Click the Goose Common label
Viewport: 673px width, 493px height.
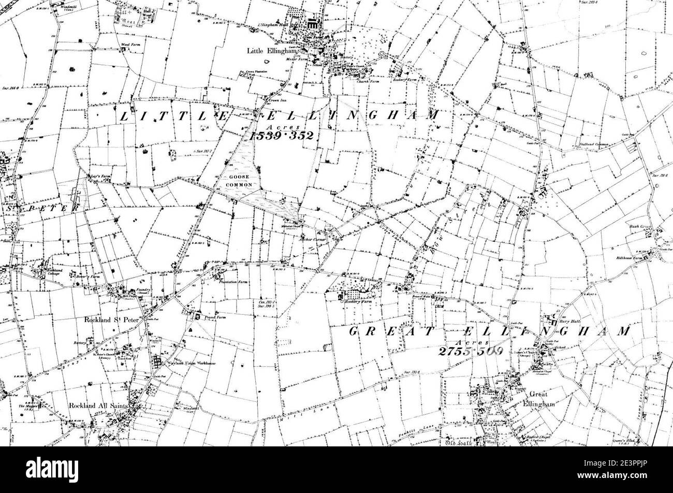[239, 181]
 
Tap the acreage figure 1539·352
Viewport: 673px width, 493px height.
[283, 136]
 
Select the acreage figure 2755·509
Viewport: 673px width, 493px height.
[470, 351]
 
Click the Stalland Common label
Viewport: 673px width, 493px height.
[593, 144]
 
